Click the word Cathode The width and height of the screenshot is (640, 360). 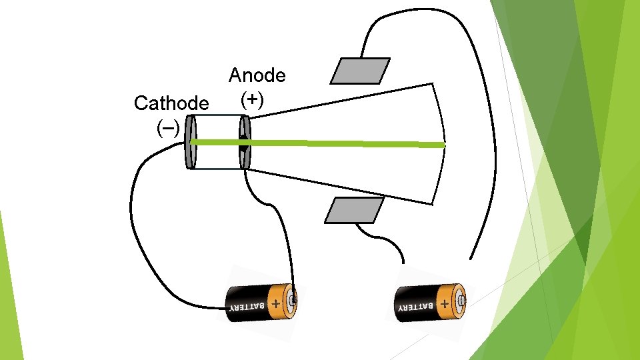(x=171, y=103)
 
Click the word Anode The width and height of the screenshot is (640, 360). (x=257, y=75)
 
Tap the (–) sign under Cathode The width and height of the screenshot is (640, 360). (x=167, y=126)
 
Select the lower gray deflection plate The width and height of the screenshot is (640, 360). (x=354, y=210)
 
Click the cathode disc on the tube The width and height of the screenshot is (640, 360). (x=191, y=142)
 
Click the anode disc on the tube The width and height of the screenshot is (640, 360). (x=244, y=142)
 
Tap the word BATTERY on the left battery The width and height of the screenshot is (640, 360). (x=247, y=307)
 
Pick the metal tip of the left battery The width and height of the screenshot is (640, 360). (x=293, y=301)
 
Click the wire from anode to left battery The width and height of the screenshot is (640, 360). (x=280, y=220)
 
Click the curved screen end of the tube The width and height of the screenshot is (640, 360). (x=440, y=143)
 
